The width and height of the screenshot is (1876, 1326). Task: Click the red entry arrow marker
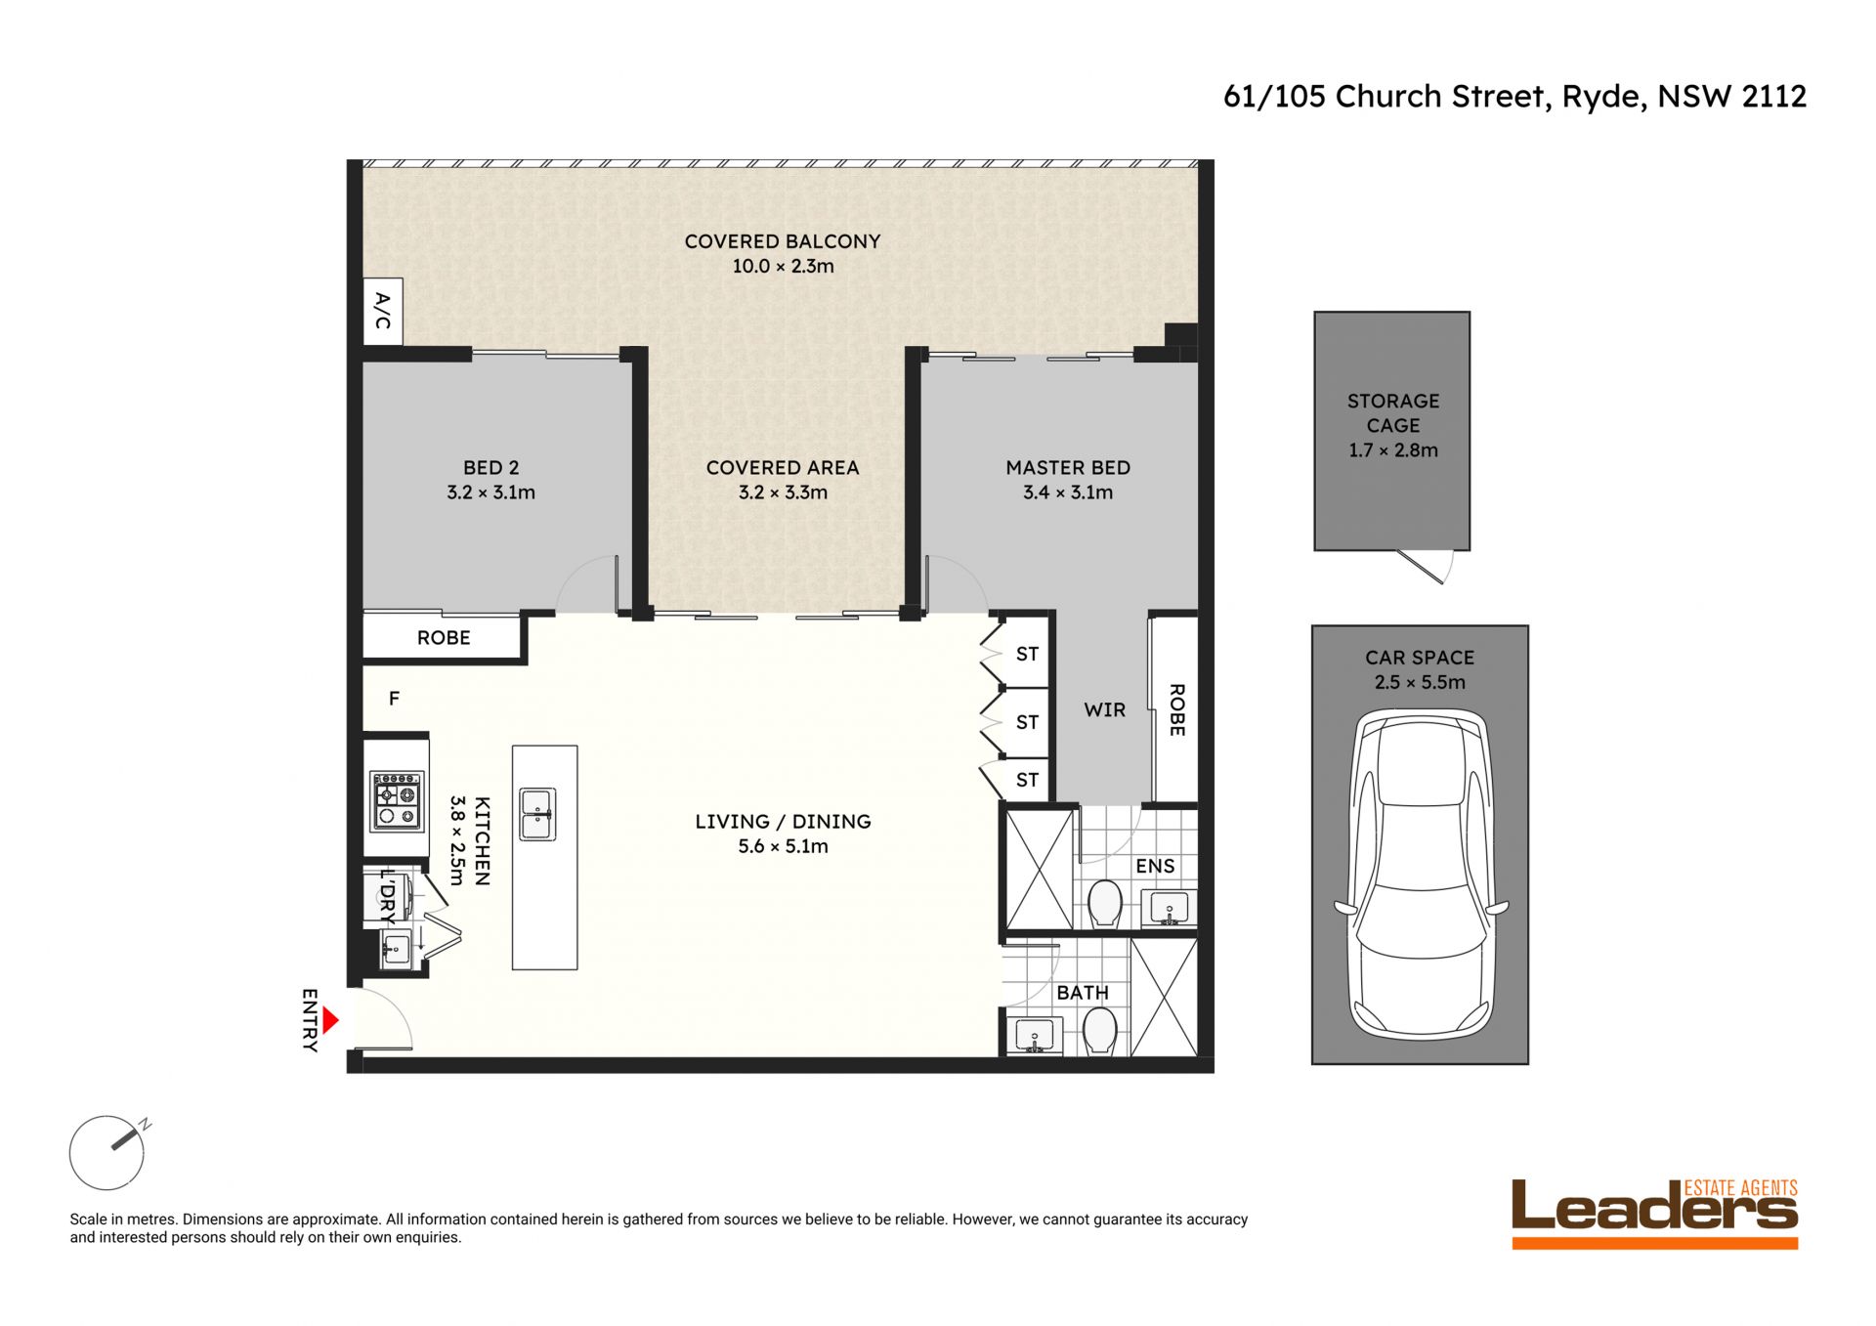(x=330, y=1021)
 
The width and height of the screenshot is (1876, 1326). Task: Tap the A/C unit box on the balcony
(x=382, y=311)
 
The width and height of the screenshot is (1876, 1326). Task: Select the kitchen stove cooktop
(x=397, y=800)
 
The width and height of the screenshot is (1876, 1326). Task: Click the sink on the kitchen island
(x=536, y=814)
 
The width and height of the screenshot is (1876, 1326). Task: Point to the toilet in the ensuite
(x=1104, y=903)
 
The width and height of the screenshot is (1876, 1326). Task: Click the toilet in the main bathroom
(x=1100, y=1032)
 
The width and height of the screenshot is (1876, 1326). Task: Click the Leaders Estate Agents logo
(x=1654, y=1213)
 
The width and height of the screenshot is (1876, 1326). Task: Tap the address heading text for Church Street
(x=1514, y=96)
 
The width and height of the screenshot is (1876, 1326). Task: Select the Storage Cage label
(x=1393, y=413)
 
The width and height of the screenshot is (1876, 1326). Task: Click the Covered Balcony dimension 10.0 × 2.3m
(x=783, y=266)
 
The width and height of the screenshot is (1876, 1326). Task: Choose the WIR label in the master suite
(x=1104, y=710)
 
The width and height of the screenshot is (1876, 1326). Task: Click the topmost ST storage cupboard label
(x=1027, y=654)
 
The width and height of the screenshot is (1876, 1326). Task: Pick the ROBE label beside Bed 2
(x=444, y=638)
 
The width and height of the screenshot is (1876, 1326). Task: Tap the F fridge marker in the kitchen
(x=394, y=699)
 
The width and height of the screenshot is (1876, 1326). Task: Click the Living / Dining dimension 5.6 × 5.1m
(x=783, y=846)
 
